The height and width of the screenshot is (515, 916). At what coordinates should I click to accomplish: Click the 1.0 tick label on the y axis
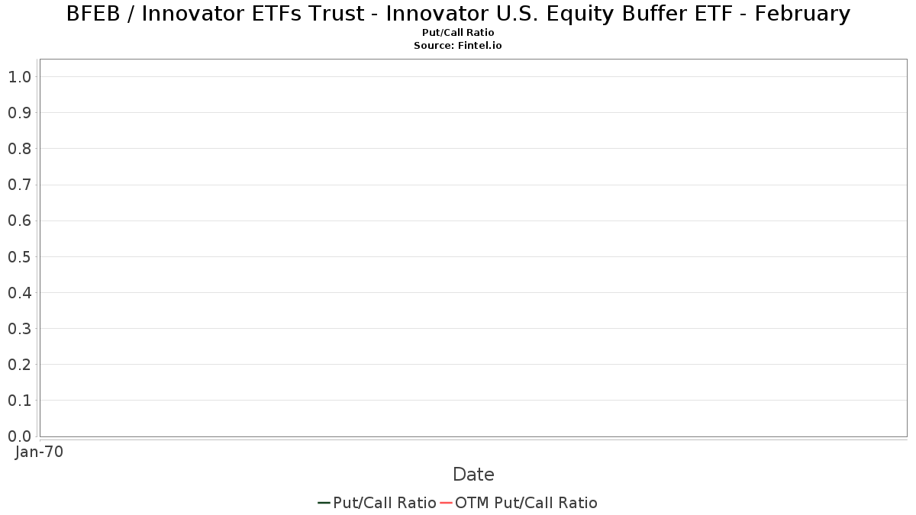20,77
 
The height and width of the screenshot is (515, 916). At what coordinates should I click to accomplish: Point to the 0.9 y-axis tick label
20,113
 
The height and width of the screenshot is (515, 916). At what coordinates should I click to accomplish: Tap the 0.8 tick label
20,149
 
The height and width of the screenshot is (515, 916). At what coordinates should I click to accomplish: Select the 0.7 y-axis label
20,185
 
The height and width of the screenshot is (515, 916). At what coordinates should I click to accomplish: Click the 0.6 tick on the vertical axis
20,220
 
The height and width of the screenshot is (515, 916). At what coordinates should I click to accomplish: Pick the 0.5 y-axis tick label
20,256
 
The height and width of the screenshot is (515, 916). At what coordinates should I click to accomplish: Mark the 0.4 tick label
20,293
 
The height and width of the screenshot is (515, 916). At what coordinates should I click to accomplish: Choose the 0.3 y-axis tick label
20,329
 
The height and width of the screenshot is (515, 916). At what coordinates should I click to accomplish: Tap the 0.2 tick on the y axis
20,365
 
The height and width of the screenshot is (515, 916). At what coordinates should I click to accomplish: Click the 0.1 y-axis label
20,401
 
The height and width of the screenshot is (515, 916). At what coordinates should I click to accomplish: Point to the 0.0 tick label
20,436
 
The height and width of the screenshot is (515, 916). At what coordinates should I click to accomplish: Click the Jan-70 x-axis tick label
39,452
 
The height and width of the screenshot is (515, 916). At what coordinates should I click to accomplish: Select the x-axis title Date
473,475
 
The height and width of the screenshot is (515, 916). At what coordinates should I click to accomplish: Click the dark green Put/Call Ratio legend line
324,503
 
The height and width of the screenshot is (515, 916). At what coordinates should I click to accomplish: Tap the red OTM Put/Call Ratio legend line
446,503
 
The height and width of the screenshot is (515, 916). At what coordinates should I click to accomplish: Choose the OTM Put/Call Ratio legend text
526,503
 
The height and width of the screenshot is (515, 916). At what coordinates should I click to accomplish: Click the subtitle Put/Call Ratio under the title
458,33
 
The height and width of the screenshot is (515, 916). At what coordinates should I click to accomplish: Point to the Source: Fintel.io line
458,45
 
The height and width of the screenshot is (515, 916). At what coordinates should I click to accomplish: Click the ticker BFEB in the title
93,14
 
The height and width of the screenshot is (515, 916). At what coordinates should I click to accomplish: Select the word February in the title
802,14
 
